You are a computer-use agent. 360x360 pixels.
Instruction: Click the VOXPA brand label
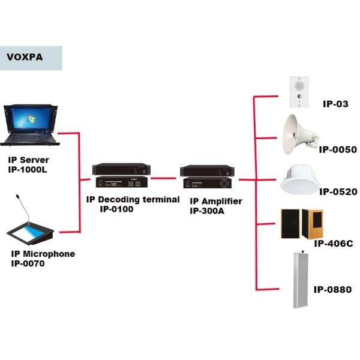pos(24,58)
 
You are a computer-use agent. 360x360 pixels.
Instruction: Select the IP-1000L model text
pos(28,170)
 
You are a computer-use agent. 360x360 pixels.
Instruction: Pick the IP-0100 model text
pos(116,209)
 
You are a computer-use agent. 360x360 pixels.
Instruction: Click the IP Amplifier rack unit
pos(208,177)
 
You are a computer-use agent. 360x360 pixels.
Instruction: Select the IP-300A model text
pos(207,211)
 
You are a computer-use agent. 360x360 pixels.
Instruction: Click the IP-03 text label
pos(335,104)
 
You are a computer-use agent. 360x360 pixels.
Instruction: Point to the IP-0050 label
pos(338,149)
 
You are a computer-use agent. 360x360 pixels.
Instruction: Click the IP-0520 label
pos(338,192)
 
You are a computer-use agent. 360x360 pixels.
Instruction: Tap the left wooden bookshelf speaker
pos(291,224)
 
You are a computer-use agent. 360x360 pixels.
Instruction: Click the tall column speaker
pos(301,280)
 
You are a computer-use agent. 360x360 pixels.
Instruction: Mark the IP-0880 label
pos(332,290)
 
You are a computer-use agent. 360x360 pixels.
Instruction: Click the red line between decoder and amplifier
pos(165,178)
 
